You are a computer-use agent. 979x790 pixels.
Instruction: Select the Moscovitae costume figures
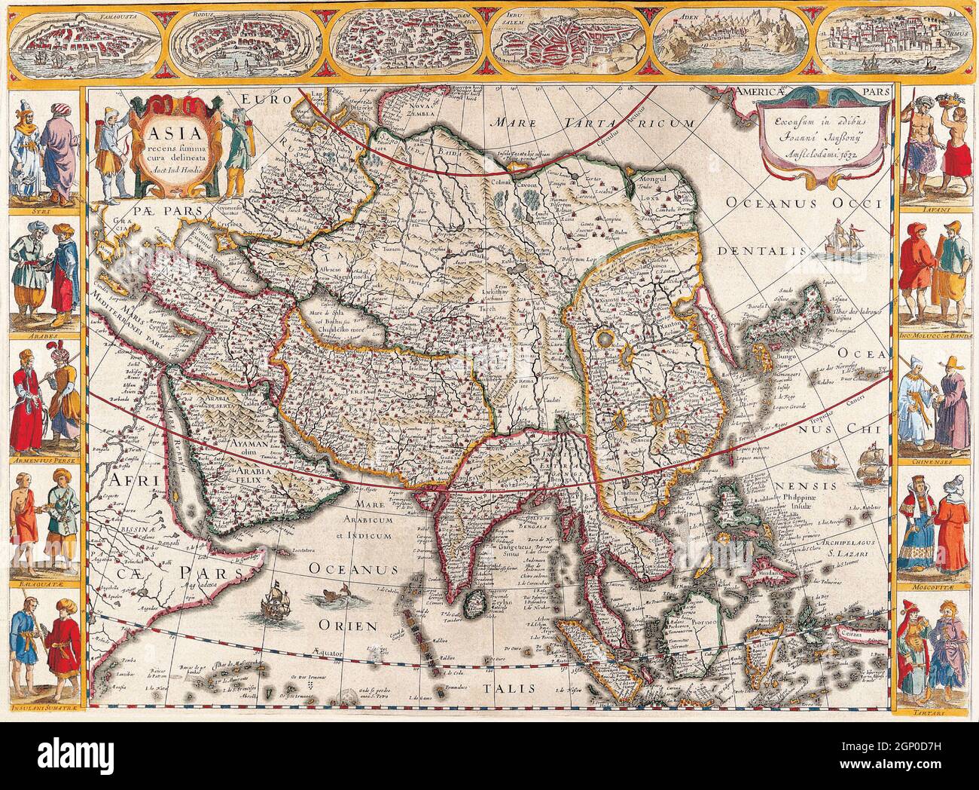[x=933, y=523]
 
